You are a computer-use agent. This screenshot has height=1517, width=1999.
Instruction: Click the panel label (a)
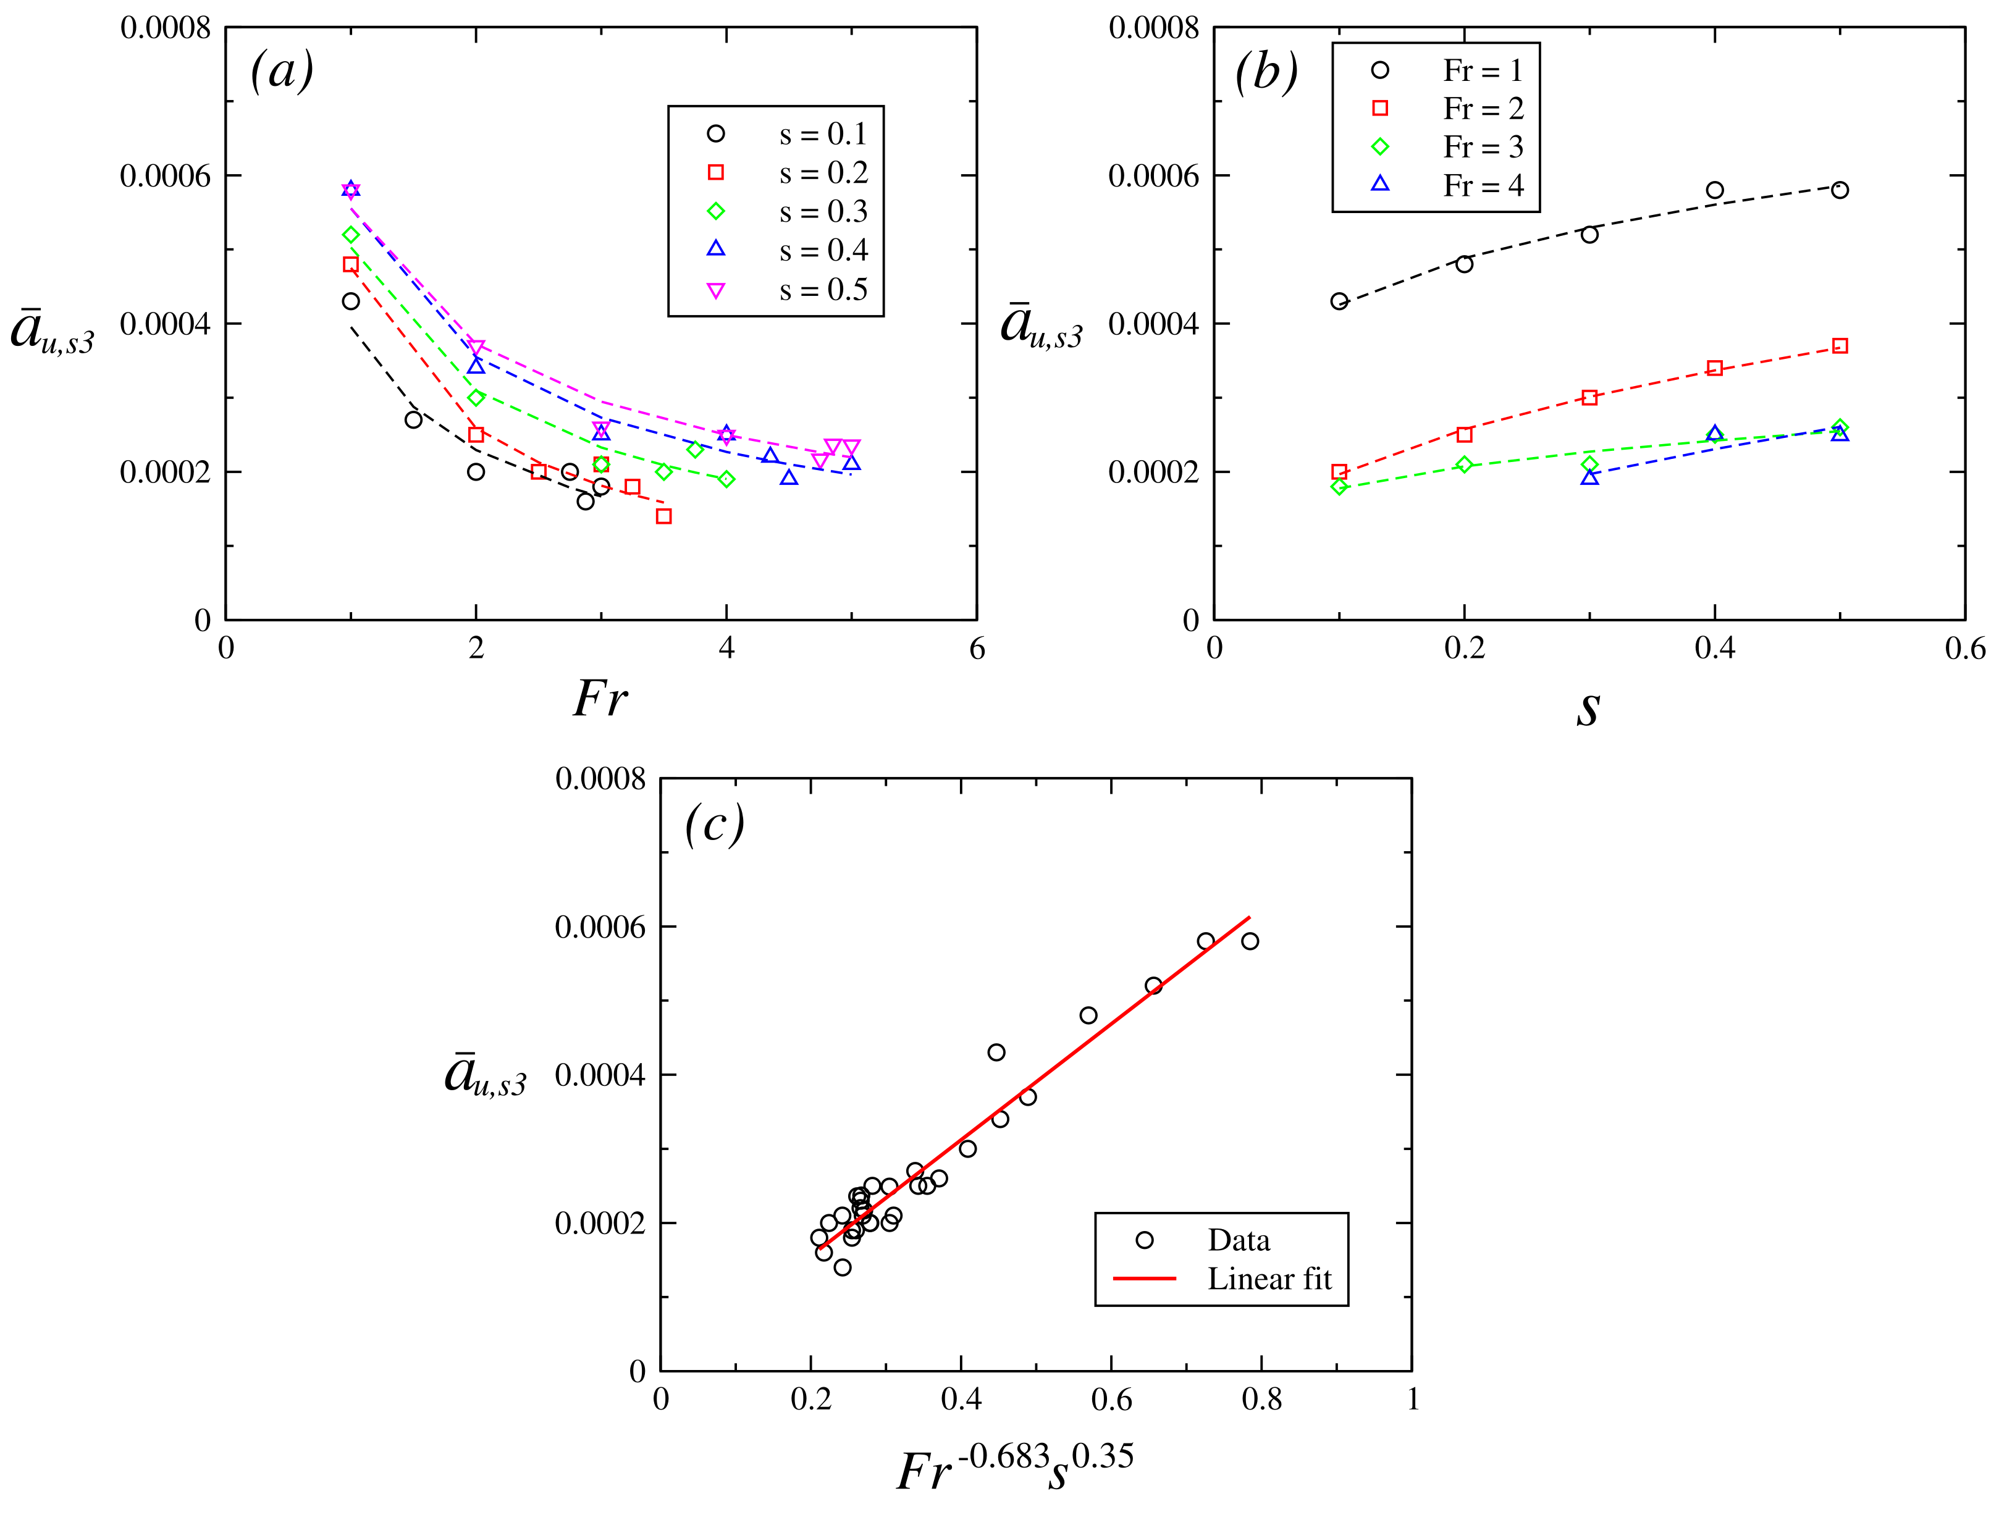tap(282, 70)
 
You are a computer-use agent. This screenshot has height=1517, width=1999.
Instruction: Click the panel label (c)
tap(714, 823)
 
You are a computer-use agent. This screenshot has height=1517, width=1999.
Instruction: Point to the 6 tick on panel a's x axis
tap(977, 649)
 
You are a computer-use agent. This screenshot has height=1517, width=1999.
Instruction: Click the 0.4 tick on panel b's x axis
tap(1714, 649)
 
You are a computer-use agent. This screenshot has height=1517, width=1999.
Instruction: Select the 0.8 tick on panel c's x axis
tap(1261, 1400)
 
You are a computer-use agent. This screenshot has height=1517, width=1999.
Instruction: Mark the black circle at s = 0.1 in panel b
tap(1339, 301)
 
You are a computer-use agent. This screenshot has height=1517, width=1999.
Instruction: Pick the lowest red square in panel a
tap(664, 516)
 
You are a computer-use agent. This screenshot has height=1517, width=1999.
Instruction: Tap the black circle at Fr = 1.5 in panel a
tap(414, 419)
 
